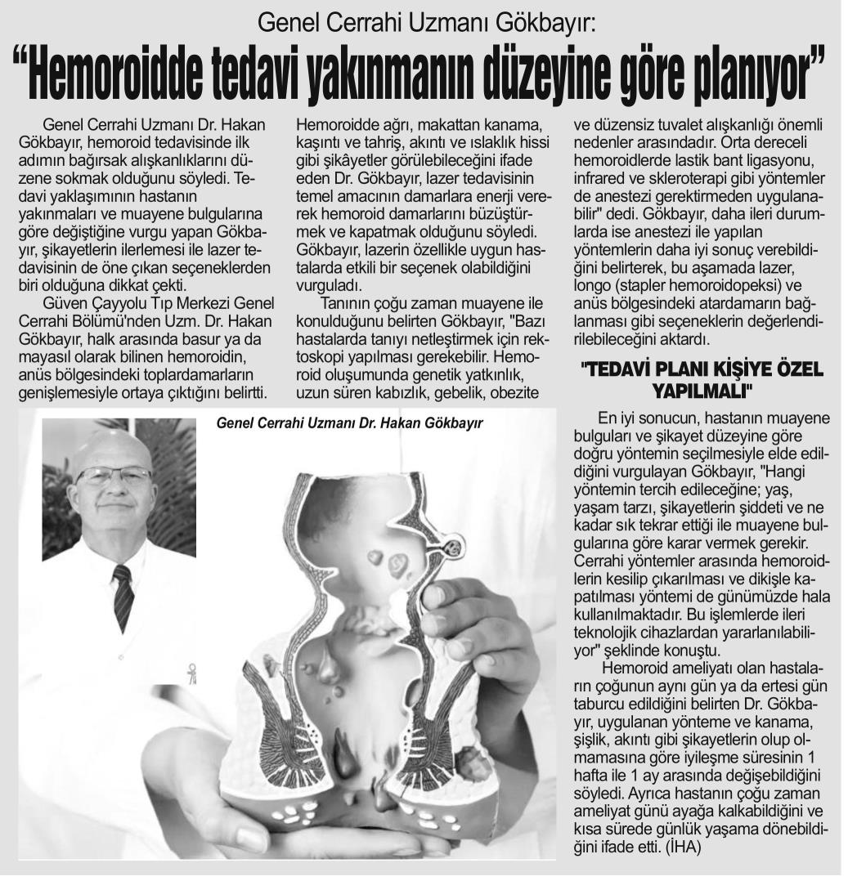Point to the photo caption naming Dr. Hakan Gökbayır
350,423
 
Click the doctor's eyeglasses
114,476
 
